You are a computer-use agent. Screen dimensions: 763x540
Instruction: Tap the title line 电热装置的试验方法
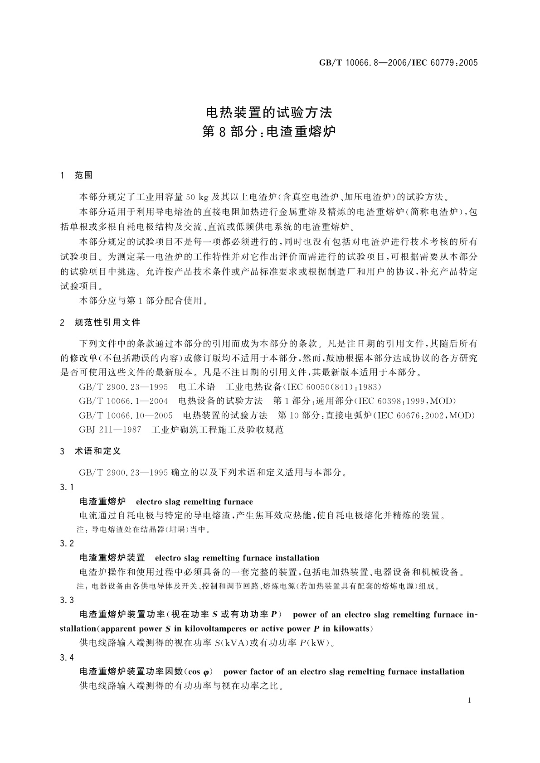(269, 112)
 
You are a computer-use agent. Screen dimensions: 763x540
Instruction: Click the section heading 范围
(83, 175)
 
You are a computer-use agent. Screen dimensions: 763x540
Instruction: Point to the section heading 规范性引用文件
(107, 323)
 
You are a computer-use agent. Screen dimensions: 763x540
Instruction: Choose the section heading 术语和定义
(97, 451)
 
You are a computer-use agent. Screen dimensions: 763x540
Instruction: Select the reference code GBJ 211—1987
(110, 430)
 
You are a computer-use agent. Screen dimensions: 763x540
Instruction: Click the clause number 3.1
(67, 487)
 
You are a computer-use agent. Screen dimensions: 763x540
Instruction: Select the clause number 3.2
(67, 543)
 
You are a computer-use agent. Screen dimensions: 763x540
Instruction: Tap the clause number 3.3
(67, 600)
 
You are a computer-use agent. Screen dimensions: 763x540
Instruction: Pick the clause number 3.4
(67, 657)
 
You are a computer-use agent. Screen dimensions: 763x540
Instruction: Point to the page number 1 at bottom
(469, 700)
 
